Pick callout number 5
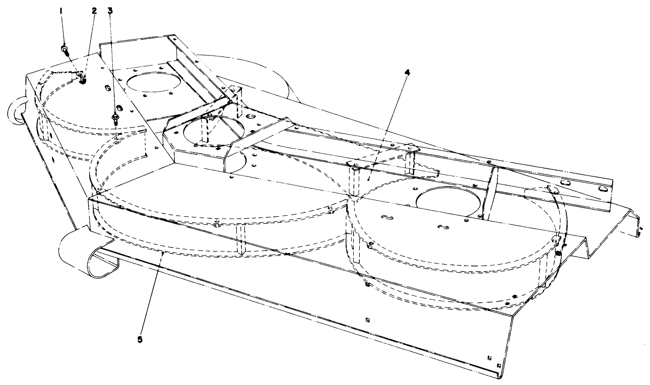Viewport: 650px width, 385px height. click(140, 339)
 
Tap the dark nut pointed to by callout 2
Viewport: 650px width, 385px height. click(83, 79)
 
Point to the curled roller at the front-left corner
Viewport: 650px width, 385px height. click(81, 252)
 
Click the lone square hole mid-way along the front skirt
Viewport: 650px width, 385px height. click(367, 318)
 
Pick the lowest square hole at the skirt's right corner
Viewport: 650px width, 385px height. click(498, 364)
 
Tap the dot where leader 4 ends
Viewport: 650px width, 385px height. click(369, 178)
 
